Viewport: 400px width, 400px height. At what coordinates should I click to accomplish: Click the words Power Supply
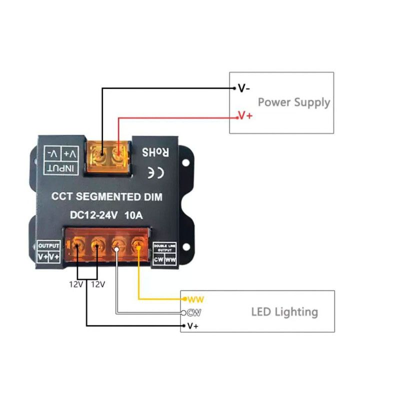(x=294, y=102)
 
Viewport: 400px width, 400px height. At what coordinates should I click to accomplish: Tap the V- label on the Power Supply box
(x=244, y=89)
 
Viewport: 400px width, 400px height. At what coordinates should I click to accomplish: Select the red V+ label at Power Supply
(x=245, y=116)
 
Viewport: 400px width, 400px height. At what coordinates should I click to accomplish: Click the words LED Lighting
(x=284, y=312)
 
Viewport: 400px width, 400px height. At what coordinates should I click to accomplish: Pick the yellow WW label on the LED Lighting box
(x=196, y=299)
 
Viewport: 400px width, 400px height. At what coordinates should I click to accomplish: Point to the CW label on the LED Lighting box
(x=194, y=313)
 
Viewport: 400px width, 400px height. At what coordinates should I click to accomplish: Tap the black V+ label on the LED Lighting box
(x=193, y=326)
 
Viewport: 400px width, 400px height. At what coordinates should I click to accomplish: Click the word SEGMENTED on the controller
(x=107, y=197)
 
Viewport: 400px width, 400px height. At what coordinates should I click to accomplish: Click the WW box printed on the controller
(x=170, y=260)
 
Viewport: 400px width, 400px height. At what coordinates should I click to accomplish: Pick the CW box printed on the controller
(x=158, y=260)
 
